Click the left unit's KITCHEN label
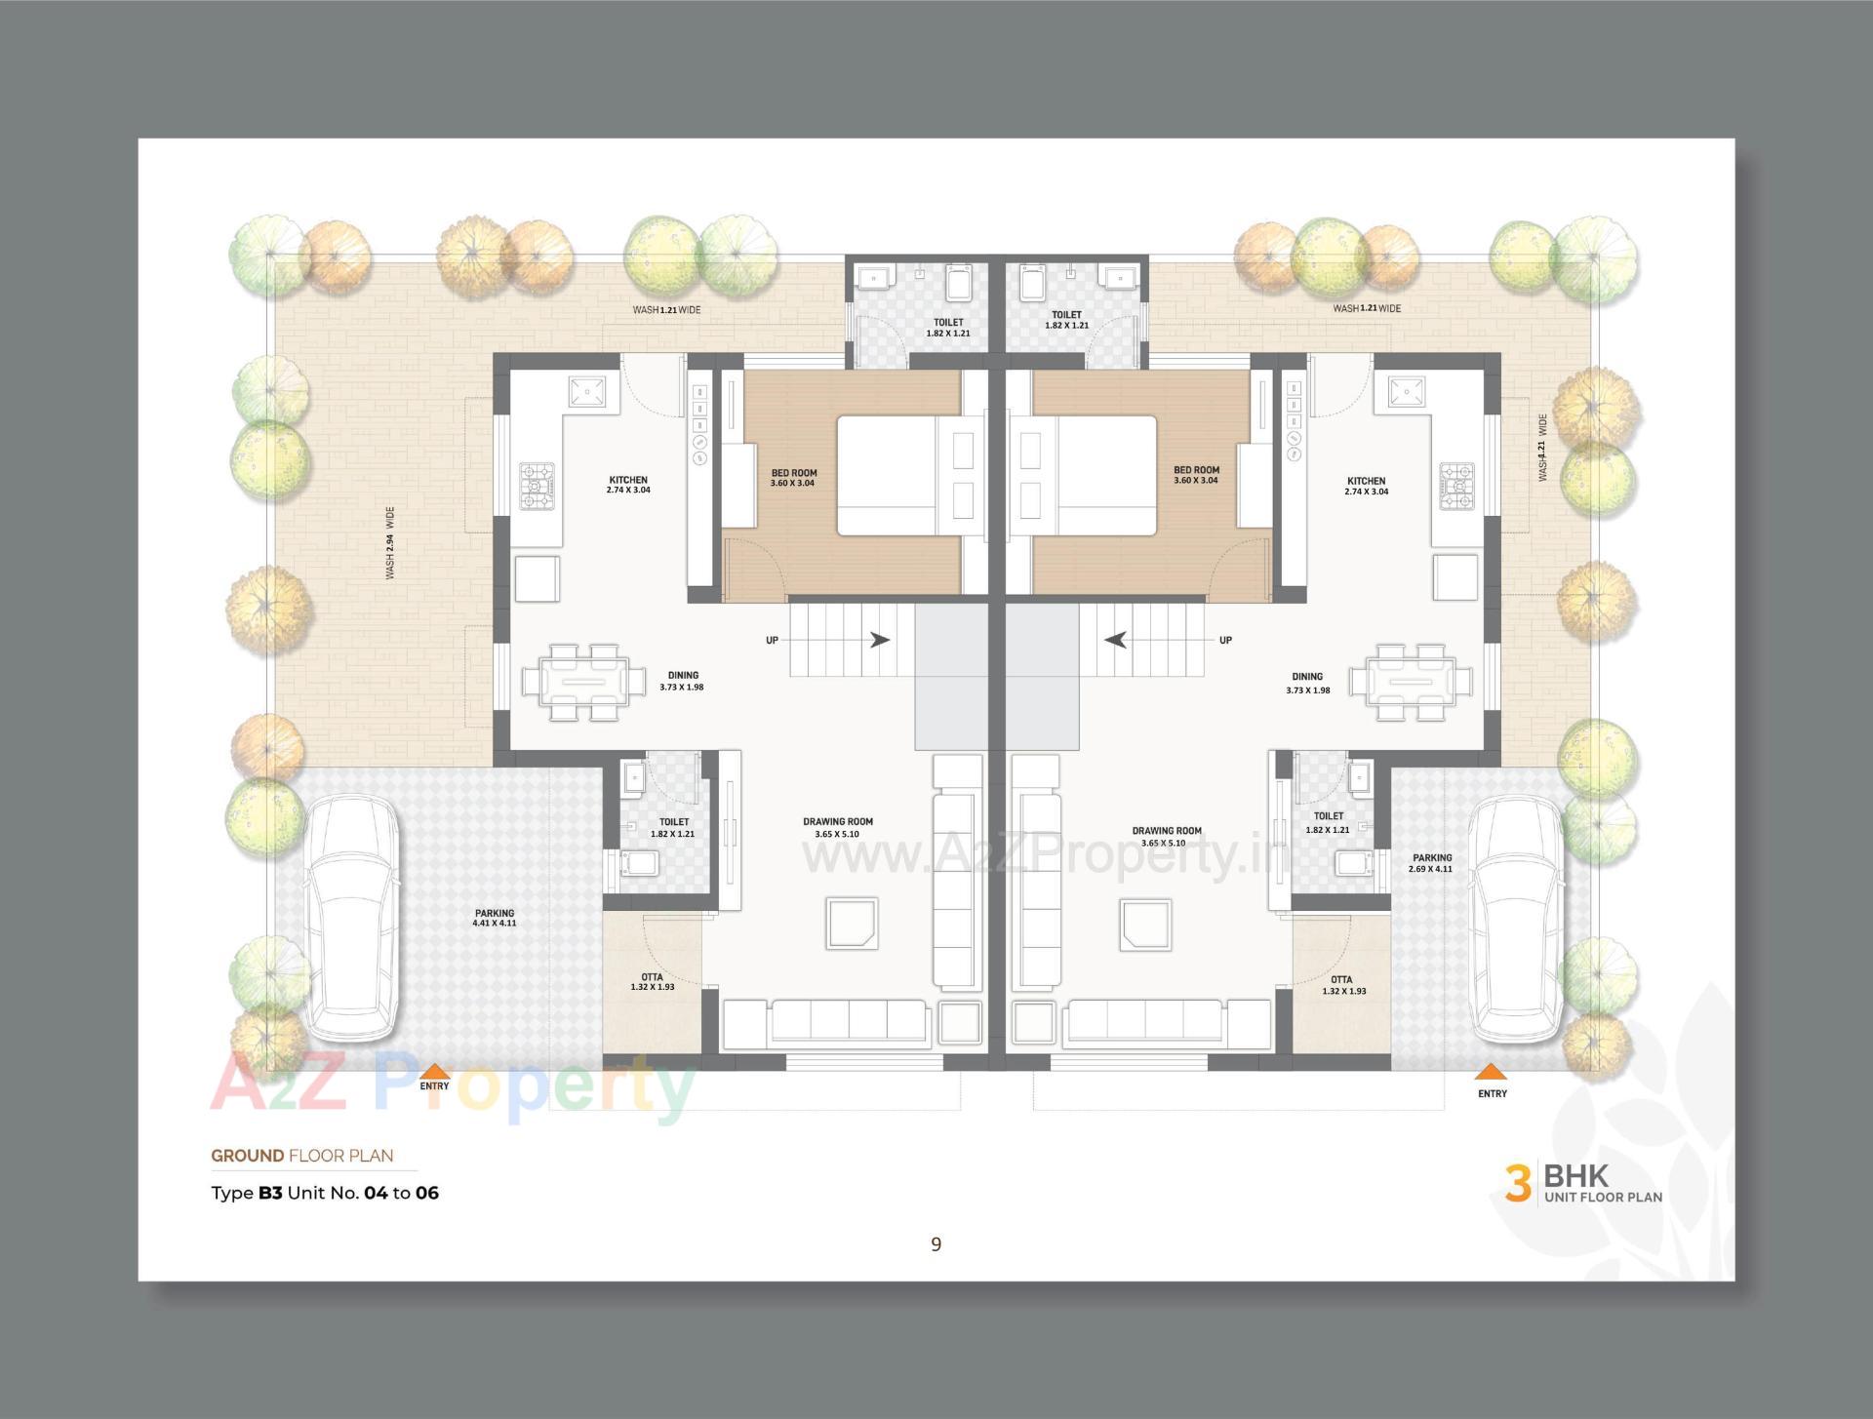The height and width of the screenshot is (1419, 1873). [628, 485]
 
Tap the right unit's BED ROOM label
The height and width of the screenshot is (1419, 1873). [1196, 475]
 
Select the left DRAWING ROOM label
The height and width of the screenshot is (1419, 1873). [838, 827]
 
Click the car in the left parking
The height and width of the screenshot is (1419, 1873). [351, 917]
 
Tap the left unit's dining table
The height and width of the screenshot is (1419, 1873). [583, 682]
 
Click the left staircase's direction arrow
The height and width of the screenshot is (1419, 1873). [879, 640]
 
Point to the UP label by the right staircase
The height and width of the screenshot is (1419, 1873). [1225, 640]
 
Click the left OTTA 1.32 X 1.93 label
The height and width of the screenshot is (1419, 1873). [652, 981]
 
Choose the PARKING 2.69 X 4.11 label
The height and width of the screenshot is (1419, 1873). [1431, 863]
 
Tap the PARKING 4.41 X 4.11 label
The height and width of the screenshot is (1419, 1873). [495, 918]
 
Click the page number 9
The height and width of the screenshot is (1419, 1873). [936, 1243]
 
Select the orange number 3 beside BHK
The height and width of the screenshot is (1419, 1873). [1517, 1182]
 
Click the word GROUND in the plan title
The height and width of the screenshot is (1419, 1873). [248, 1156]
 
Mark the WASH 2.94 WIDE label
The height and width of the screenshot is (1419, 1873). [390, 542]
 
